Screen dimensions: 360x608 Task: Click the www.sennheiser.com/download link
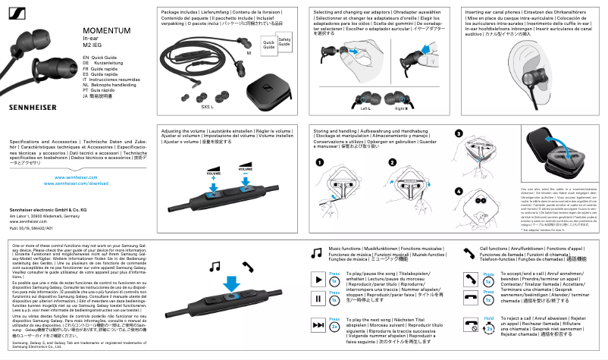tap(77, 162)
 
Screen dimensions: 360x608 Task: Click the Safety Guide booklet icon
tap(285, 42)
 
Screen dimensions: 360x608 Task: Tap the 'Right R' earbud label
tap(403, 108)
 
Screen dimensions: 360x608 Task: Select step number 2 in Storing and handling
tap(393, 162)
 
